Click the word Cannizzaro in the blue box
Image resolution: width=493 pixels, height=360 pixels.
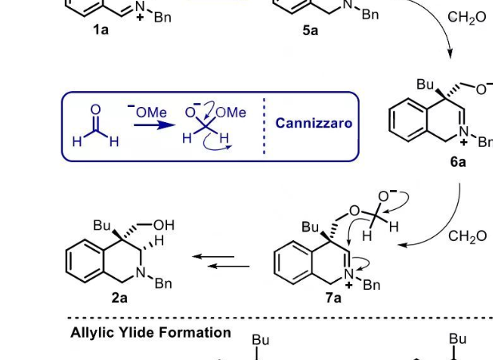313,123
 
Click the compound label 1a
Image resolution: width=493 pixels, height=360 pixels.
101,30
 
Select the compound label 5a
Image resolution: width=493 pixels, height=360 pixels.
310,30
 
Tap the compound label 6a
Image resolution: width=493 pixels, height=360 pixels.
458,162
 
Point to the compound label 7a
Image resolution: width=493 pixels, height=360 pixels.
333,297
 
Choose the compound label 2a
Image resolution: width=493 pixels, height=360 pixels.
120,297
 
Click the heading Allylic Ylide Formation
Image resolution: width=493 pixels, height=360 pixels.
151,333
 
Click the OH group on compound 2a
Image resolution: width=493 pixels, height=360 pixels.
164,225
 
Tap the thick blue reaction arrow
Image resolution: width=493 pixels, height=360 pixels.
155,125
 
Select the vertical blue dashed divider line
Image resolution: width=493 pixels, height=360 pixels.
264,126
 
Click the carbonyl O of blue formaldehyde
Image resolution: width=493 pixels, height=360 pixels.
95,109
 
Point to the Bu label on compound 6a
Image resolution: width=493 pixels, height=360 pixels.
425,84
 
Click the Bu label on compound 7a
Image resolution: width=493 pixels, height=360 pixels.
310,227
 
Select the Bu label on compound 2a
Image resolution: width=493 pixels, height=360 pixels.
101,225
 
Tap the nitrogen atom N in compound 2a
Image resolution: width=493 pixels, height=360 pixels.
141,272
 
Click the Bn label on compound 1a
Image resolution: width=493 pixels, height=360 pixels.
162,17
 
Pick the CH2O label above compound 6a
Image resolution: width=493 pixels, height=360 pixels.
467,18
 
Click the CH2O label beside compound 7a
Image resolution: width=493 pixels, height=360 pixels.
467,236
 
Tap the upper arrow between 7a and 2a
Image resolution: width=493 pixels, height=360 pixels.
213,257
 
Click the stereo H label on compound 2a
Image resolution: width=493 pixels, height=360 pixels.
159,240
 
